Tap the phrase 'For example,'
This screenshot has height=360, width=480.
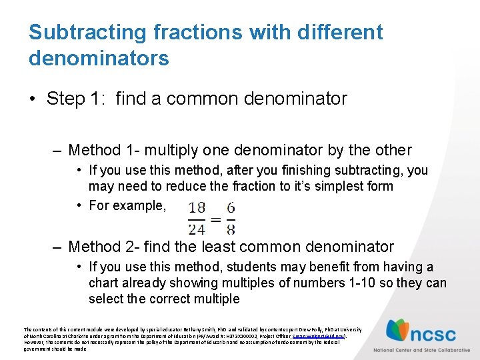pyautogui.click(x=127, y=205)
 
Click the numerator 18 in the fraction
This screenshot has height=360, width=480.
pyautogui.click(x=197, y=207)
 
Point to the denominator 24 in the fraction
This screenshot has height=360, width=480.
pyautogui.click(x=197, y=229)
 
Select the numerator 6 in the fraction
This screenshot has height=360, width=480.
pyautogui.click(x=230, y=207)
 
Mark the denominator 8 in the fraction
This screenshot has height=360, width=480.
pyautogui.click(x=230, y=229)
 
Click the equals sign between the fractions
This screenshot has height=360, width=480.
pyautogui.click(x=214, y=218)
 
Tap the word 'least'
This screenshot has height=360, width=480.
pyautogui.click(x=221, y=247)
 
